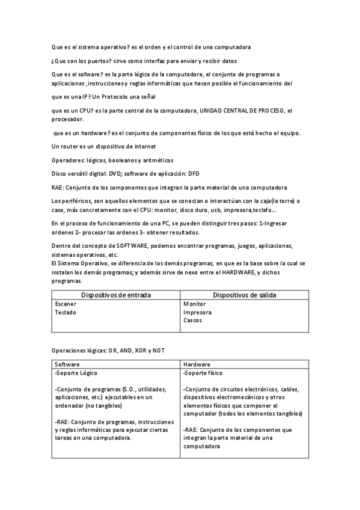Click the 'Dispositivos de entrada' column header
click(116, 295)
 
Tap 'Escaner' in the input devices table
click(66, 304)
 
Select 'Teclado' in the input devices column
click(66, 312)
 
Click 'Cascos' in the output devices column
click(192, 320)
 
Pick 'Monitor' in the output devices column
click(194, 304)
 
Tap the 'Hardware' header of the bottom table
click(197, 364)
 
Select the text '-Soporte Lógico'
click(75, 373)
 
